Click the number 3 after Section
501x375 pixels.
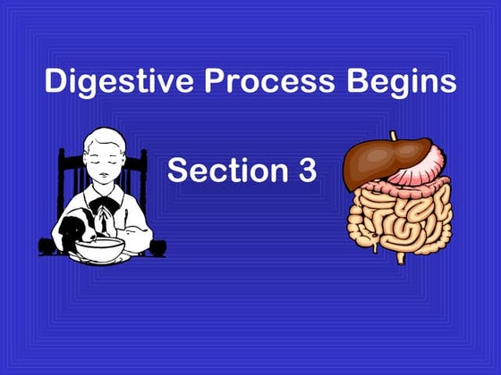coord(306,170)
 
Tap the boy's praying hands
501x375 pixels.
coord(106,219)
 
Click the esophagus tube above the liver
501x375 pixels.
coord(393,137)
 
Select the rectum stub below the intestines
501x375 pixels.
coord(401,257)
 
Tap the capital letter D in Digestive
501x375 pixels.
coord(55,82)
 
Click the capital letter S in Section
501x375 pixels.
coord(178,170)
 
